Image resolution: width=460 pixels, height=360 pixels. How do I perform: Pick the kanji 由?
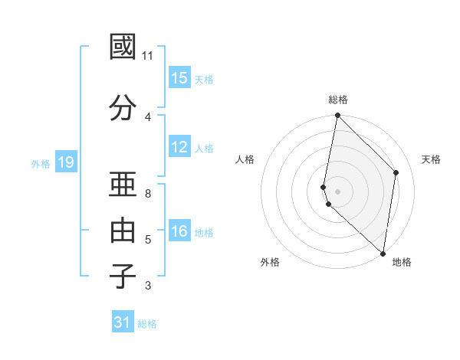pyautogui.click(x=123, y=231)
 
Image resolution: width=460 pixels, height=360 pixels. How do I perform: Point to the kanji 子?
pyautogui.click(x=123, y=276)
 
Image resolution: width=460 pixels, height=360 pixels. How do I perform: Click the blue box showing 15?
pyautogui.click(x=179, y=78)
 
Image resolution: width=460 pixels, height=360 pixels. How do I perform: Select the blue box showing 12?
pyautogui.click(x=179, y=147)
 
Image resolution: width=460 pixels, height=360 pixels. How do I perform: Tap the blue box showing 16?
pyautogui.click(x=179, y=231)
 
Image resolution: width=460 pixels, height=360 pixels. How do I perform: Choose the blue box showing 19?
pyautogui.click(x=66, y=162)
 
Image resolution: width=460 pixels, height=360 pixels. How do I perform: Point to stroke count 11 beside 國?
pyautogui.click(x=148, y=56)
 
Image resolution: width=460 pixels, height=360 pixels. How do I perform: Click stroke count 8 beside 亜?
pyautogui.click(x=148, y=194)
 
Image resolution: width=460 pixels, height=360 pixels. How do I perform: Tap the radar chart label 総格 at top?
pyautogui.click(x=338, y=100)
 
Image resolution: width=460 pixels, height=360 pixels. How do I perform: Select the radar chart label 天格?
pyautogui.click(x=431, y=159)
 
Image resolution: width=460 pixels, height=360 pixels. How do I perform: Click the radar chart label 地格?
pyautogui.click(x=402, y=262)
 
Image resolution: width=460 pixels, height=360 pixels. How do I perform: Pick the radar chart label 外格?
pyautogui.click(x=270, y=262)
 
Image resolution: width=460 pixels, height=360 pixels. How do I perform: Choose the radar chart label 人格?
pyautogui.click(x=245, y=159)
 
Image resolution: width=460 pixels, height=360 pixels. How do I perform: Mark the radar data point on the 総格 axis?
pyautogui.click(x=338, y=116)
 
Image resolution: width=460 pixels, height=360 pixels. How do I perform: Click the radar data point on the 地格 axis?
pyautogui.click(x=383, y=254)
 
